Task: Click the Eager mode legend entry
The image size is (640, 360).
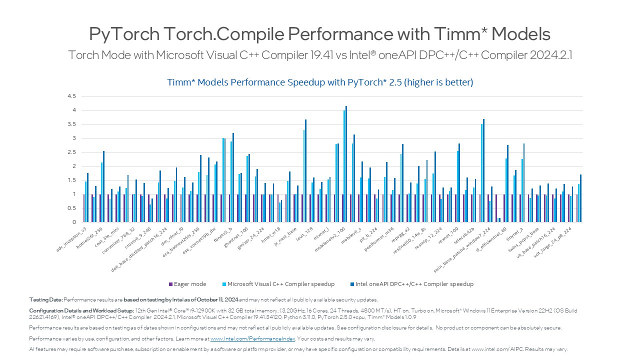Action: (x=188, y=284)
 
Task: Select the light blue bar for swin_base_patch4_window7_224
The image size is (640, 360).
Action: (x=481, y=173)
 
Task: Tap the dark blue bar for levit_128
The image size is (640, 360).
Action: (x=306, y=170)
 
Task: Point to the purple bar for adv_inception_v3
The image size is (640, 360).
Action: (x=84, y=208)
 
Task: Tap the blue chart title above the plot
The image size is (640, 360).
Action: (x=320, y=82)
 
